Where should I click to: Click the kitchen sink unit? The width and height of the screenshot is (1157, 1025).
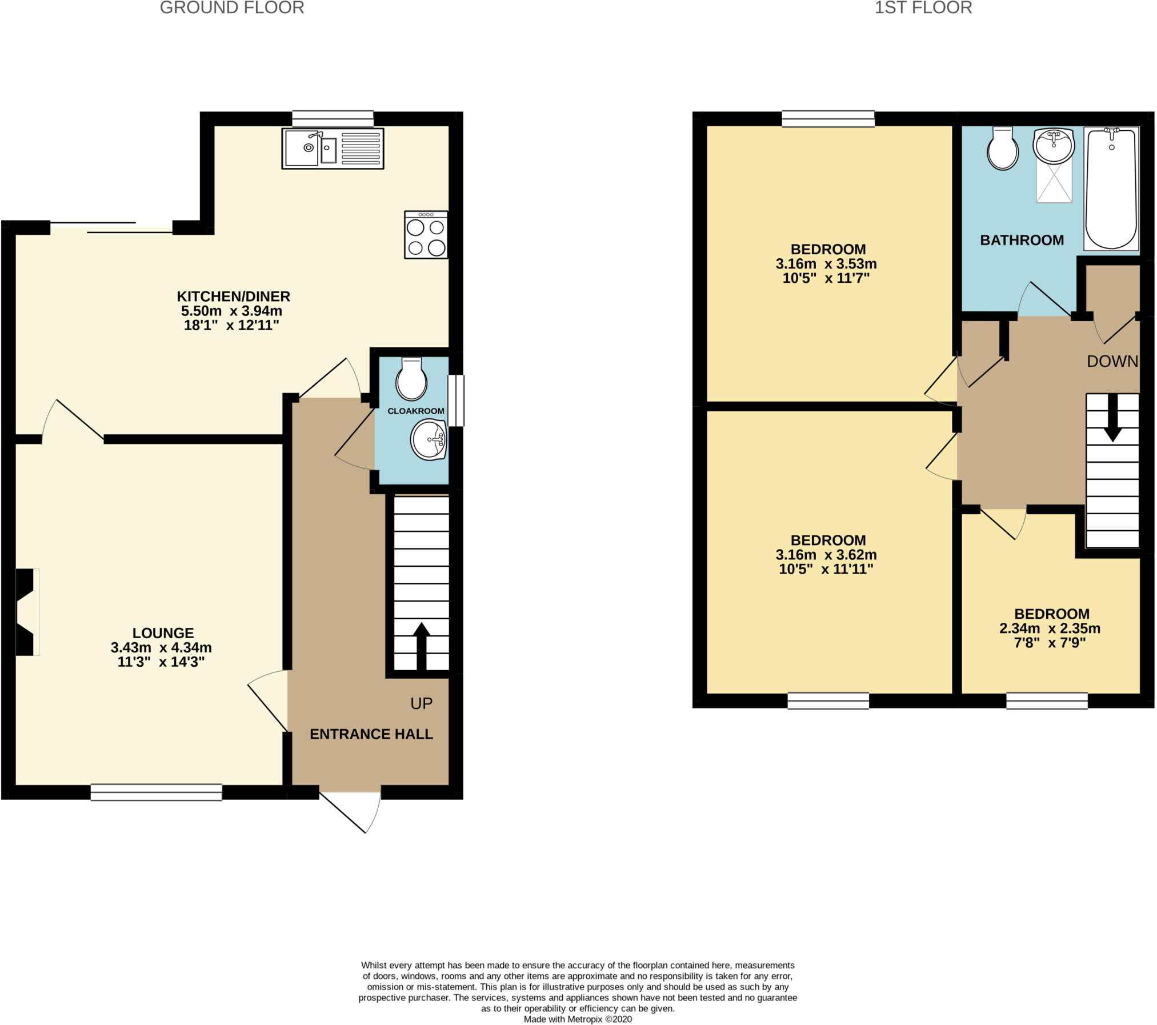point(333,149)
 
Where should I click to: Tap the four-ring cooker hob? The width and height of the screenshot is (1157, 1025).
point(426,235)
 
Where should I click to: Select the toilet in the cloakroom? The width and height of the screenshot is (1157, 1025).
point(411,379)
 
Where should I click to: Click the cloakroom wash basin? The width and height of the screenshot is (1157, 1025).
point(429,439)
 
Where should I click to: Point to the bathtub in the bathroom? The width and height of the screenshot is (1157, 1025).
point(1111,189)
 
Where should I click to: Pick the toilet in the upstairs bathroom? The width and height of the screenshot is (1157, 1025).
point(1003,149)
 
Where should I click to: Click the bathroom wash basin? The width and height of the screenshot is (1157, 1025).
point(1054,146)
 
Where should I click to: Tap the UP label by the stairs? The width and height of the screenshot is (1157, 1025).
point(422,704)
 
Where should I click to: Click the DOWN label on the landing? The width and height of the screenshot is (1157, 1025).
point(1112,361)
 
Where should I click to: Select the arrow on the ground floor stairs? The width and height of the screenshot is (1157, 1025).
point(422,646)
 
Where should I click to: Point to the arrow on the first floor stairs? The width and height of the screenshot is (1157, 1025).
point(1112,418)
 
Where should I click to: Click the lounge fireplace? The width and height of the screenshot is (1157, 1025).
point(27,612)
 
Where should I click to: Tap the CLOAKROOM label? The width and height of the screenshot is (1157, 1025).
point(416,411)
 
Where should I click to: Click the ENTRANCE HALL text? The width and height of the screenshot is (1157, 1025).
point(371,734)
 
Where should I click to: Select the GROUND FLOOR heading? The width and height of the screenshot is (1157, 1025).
point(232,8)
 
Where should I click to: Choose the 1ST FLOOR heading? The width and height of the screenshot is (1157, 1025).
point(923,8)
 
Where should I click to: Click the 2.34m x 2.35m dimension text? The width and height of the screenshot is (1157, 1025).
point(1050,628)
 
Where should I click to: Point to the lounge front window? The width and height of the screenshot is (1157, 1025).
point(156,792)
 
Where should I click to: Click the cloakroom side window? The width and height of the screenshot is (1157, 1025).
point(456,400)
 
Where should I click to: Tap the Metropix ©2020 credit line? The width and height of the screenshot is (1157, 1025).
point(578,1019)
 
